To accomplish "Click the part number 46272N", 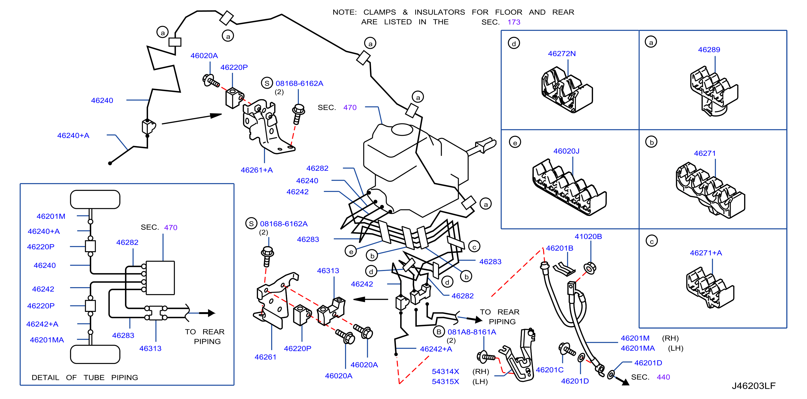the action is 561,54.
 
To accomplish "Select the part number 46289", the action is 709,49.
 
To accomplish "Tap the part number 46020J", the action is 566,151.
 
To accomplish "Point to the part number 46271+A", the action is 706,253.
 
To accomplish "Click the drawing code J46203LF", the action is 754,386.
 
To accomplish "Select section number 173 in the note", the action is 514,22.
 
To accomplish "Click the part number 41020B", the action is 588,236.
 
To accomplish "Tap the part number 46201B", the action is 559,248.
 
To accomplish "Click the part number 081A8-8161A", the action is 471,332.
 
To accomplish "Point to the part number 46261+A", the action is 257,170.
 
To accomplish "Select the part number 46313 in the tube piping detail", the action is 150,348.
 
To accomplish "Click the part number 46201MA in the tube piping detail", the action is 47,340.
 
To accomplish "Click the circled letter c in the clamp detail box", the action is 652,241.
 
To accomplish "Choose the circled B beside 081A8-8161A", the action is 439,332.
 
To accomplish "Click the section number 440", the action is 663,377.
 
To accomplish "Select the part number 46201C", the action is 550,370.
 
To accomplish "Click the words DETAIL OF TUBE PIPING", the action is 85,377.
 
